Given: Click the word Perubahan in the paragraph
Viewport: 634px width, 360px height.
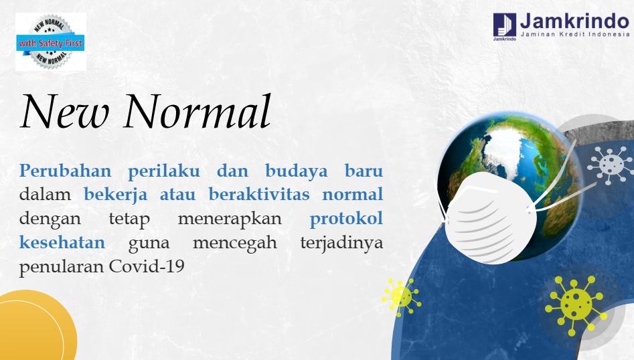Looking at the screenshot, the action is point(65,171).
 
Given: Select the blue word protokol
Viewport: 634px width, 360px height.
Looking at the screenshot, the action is point(346,219).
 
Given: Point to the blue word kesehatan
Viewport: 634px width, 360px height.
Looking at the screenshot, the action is point(62,242).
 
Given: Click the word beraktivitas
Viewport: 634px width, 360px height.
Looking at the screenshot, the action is point(259,194).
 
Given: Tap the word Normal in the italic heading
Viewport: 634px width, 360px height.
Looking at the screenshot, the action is point(197,111).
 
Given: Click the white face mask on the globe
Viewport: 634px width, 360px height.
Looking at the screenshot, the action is point(490,217).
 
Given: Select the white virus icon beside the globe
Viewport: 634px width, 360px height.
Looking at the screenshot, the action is point(610,164).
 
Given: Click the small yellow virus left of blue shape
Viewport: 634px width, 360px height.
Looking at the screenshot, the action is point(401,297).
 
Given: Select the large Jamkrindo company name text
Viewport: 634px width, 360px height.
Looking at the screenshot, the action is point(574,21).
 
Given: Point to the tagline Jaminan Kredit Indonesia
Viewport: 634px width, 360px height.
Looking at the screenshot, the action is point(575,34).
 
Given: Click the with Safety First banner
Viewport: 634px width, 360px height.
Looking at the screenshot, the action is point(50,42).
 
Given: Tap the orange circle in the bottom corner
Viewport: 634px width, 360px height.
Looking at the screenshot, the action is point(34,327).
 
